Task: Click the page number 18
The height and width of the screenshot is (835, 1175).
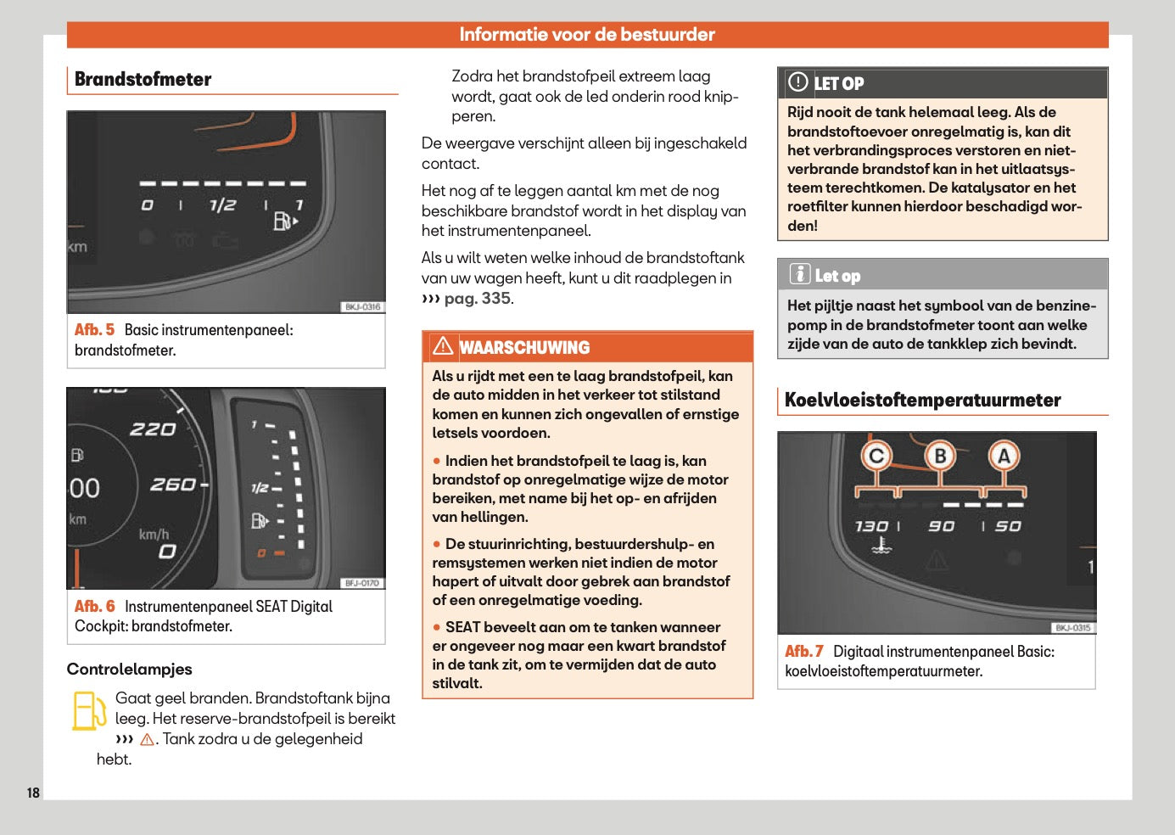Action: [33, 793]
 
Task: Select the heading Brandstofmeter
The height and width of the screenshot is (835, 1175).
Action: [143, 79]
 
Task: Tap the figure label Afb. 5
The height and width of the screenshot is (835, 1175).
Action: [94, 330]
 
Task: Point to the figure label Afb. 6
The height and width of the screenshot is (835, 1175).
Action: [94, 607]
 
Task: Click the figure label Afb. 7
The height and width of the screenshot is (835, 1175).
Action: [803, 652]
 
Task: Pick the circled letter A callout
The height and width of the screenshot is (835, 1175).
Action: [1004, 457]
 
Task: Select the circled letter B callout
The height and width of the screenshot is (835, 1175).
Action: [940, 457]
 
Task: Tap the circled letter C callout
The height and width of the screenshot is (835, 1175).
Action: [876, 457]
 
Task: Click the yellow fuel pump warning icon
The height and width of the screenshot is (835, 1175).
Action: [88, 711]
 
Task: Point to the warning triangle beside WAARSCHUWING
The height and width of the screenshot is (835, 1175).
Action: [443, 346]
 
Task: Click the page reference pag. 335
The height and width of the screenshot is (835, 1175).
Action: [478, 299]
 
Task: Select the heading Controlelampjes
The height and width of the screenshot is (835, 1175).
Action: [129, 670]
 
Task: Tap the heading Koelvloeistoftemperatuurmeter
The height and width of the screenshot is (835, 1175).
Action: [922, 401]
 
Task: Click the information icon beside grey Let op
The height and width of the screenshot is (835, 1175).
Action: [799, 274]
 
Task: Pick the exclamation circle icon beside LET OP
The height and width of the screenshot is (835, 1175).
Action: [798, 82]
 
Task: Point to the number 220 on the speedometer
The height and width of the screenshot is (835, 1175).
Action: [153, 430]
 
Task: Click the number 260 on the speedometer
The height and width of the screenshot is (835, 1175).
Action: [173, 485]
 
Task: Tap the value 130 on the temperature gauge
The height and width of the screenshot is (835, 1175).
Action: [871, 526]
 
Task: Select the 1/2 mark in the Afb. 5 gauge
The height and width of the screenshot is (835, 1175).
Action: [222, 205]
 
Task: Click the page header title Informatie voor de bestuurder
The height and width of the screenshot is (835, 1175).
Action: [587, 35]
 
